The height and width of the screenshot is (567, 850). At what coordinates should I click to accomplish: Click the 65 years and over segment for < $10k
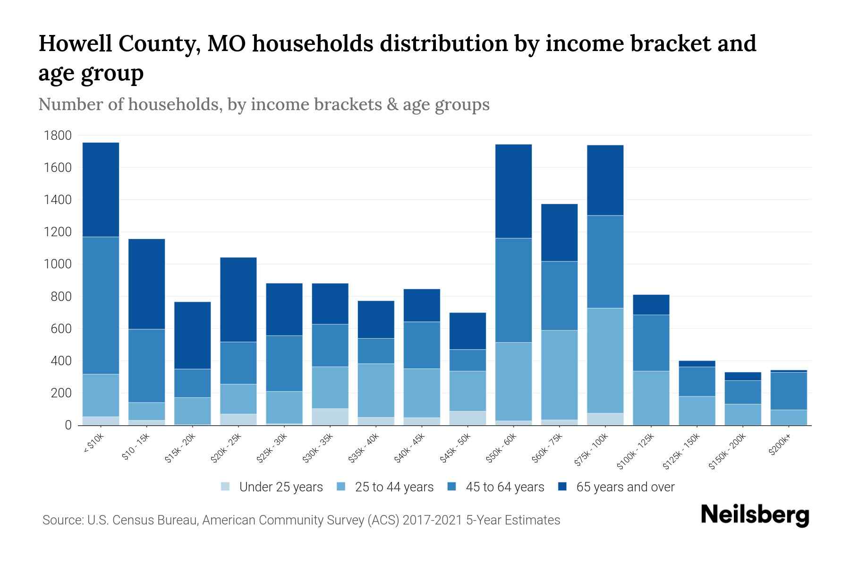(101, 189)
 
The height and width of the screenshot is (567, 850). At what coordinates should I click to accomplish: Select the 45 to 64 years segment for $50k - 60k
(513, 290)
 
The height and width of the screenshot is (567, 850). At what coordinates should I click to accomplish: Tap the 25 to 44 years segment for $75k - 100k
(605, 361)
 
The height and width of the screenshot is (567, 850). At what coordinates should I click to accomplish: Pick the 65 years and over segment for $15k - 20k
(192, 335)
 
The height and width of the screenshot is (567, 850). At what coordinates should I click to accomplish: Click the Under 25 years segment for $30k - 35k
(330, 417)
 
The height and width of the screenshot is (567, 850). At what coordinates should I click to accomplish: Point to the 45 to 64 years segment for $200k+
(789, 391)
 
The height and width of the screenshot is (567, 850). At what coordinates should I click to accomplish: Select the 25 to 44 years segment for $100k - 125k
(651, 398)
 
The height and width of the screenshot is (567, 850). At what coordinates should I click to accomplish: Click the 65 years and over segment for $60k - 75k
(559, 232)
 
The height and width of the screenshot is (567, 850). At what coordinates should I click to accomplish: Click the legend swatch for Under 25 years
(226, 487)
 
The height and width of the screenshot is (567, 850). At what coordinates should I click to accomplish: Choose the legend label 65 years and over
(625, 487)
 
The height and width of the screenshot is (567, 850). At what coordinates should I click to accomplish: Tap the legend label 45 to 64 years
(505, 487)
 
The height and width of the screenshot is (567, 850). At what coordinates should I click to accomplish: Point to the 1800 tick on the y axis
(58, 136)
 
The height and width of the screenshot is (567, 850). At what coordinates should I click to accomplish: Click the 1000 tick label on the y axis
(58, 264)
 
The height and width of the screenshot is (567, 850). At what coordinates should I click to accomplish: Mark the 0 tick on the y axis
(68, 425)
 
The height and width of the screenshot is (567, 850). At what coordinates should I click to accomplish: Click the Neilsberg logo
(755, 515)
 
